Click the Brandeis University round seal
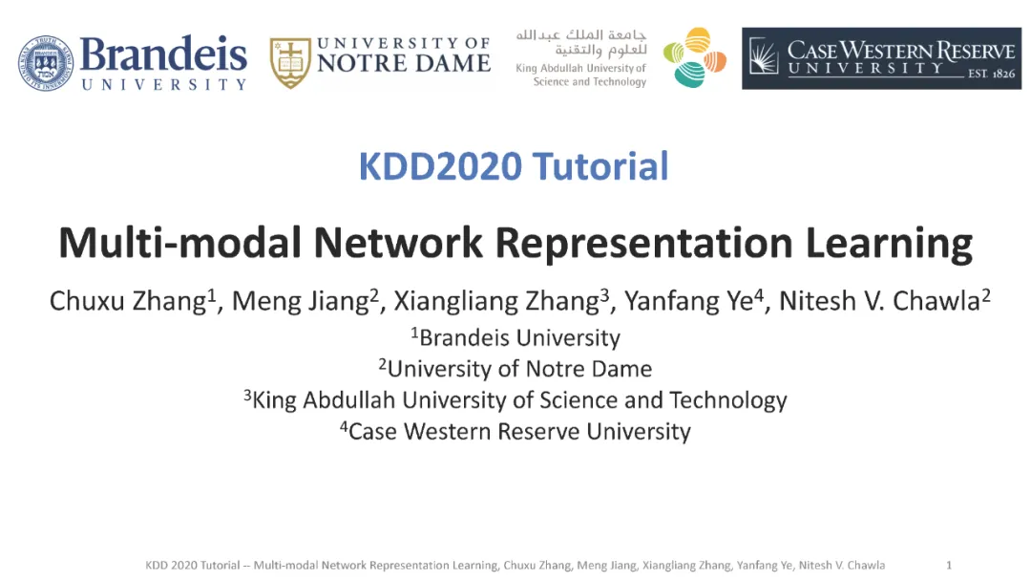(46, 63)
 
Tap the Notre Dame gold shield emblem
(290, 62)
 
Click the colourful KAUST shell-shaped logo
(694, 58)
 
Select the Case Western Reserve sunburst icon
(764, 56)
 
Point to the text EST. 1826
(991, 74)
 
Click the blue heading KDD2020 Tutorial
(514, 166)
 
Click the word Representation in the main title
(643, 244)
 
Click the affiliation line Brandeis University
(516, 337)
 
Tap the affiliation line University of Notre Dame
(515, 369)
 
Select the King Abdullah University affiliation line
(515, 400)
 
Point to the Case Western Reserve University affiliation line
(515, 432)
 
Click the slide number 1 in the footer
(949, 565)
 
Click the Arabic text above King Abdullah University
(581, 42)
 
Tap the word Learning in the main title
(889, 244)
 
